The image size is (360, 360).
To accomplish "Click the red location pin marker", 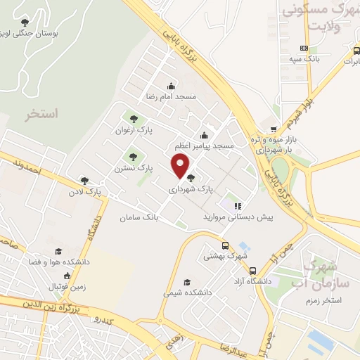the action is point(181,165).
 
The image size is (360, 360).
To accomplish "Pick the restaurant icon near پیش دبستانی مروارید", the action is point(238,206).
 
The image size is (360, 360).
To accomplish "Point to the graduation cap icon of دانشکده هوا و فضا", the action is point(59,250).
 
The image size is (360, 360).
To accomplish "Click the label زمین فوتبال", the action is point(65,287).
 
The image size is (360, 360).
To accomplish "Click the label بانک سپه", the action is point(304,60).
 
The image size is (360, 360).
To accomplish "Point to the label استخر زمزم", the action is point(320,300).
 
